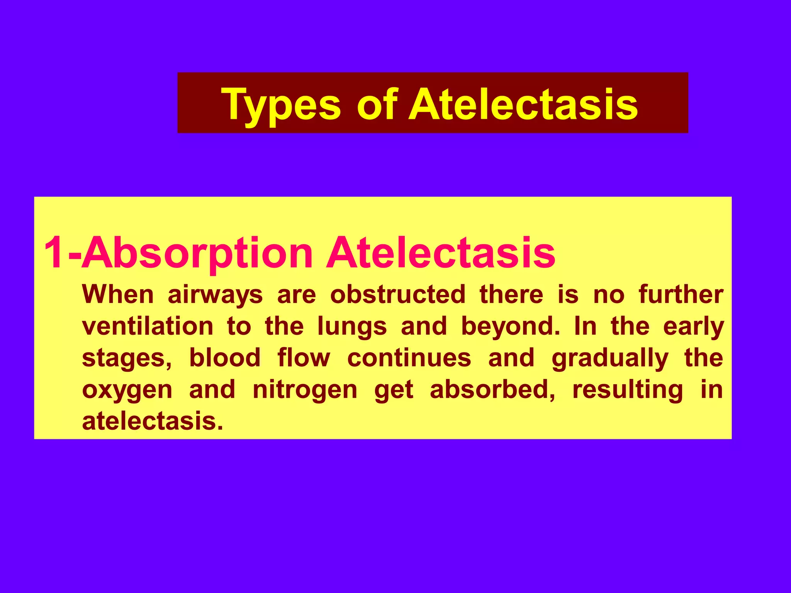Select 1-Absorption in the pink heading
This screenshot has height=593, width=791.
coord(178,253)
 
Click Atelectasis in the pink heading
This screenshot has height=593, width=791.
coord(440,253)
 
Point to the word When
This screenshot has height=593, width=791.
coord(118,295)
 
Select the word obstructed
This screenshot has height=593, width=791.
coord(398,295)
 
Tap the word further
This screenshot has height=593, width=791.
coord(681,295)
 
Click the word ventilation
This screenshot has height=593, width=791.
coord(148,326)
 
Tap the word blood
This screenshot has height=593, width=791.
coord(225,358)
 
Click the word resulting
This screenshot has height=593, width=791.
coord(628,390)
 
